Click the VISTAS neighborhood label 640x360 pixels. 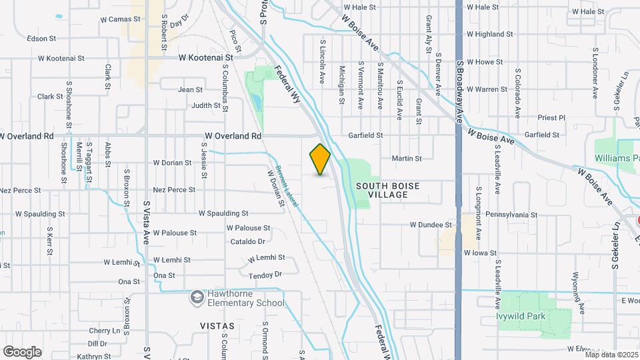click(217, 326)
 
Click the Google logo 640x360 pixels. click(22, 351)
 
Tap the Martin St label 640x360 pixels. click(407, 159)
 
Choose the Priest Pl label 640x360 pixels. click(551, 118)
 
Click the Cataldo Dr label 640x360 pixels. click(248, 241)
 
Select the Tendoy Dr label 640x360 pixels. click(265, 275)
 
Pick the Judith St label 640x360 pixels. click(205, 105)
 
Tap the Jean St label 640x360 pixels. click(190, 89)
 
